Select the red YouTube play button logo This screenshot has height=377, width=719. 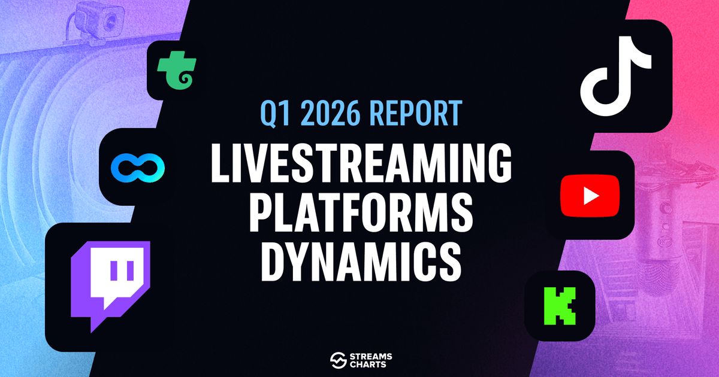pos(590,196)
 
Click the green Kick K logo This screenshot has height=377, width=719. pos(560,306)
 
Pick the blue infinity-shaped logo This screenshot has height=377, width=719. pos(138,168)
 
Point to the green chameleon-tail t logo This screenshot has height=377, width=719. pos(177,70)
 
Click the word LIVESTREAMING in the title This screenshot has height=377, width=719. pos(361,163)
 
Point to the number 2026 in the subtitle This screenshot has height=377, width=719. pos(330,113)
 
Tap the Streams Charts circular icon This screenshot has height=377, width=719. pos(339,360)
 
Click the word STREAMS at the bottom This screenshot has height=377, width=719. pos(371,357)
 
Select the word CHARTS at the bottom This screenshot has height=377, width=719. pos(368,365)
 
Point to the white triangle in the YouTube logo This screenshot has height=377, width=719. pos(591,196)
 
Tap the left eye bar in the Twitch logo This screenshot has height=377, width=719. pos(115,270)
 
